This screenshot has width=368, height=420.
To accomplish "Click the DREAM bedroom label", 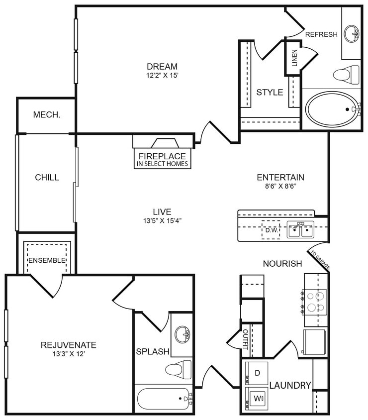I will (x=162, y=67).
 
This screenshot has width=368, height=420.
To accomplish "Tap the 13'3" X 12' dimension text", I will (x=68, y=354).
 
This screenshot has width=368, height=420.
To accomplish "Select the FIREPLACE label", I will (x=162, y=156).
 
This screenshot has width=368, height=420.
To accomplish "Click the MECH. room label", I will (x=47, y=114).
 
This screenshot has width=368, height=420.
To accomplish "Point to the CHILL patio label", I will (x=47, y=177).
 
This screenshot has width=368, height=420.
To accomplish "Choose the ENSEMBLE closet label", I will (x=47, y=260).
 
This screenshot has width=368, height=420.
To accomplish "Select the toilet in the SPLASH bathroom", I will (x=179, y=369).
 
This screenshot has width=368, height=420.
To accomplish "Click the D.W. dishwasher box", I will (x=271, y=230).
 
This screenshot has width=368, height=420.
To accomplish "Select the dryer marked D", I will (x=257, y=373).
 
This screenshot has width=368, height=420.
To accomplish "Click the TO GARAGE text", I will (x=320, y=260).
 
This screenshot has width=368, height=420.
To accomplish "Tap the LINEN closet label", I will (x=294, y=59).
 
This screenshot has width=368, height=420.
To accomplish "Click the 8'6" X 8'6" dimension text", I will (x=280, y=187).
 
